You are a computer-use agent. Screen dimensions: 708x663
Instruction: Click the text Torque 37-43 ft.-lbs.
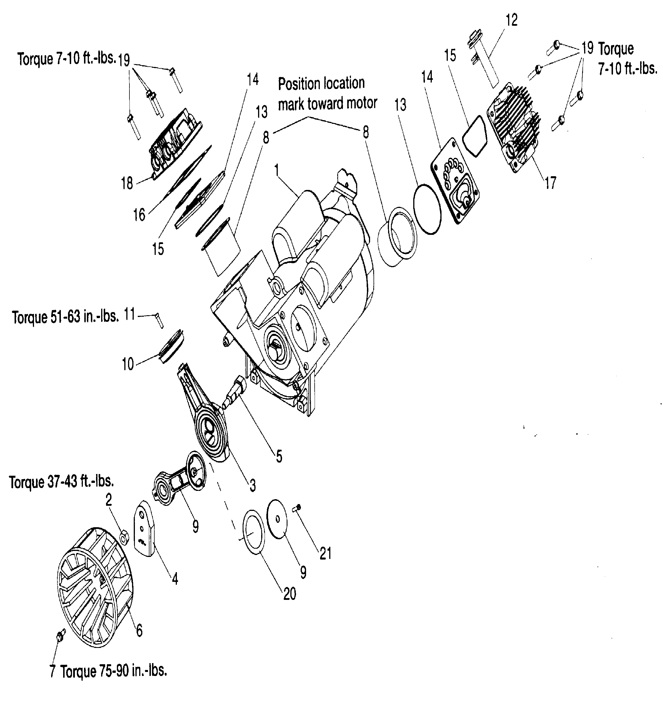(61, 482)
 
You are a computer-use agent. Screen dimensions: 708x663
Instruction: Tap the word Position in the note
(299, 84)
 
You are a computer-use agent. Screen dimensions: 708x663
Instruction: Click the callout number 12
(512, 20)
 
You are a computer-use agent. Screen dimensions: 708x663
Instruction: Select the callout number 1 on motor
(277, 170)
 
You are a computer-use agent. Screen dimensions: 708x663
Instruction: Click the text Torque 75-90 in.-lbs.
(113, 671)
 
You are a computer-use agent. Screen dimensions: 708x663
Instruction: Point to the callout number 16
(139, 215)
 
